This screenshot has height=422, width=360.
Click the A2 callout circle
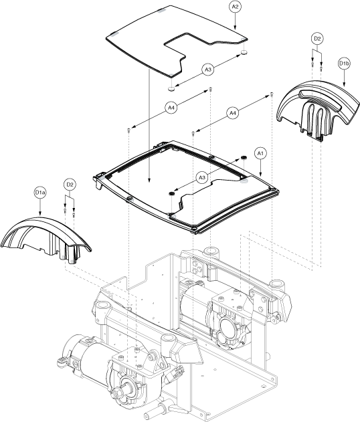click(x=236, y=7)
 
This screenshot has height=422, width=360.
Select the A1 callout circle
click(x=260, y=153)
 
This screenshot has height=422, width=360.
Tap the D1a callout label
click(x=40, y=193)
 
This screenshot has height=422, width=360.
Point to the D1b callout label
click(x=345, y=64)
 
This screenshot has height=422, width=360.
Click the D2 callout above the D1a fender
click(x=70, y=185)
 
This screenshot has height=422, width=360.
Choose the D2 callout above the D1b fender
click(x=317, y=39)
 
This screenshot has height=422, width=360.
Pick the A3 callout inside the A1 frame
click(x=201, y=177)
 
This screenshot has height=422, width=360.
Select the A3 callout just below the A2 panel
click(x=208, y=70)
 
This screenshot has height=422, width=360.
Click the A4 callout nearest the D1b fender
click(x=233, y=113)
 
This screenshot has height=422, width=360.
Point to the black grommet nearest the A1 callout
click(x=244, y=157)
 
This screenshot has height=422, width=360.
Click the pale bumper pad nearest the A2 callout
click(x=244, y=52)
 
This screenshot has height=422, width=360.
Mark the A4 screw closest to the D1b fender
click(x=272, y=95)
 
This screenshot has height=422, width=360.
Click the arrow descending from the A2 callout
click(x=235, y=21)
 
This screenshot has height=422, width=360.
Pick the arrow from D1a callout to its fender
click(x=40, y=207)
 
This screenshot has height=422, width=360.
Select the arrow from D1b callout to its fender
click(x=345, y=78)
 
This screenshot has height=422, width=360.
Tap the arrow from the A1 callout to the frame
click(x=260, y=168)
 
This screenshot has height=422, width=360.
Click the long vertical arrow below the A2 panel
click(x=149, y=125)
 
